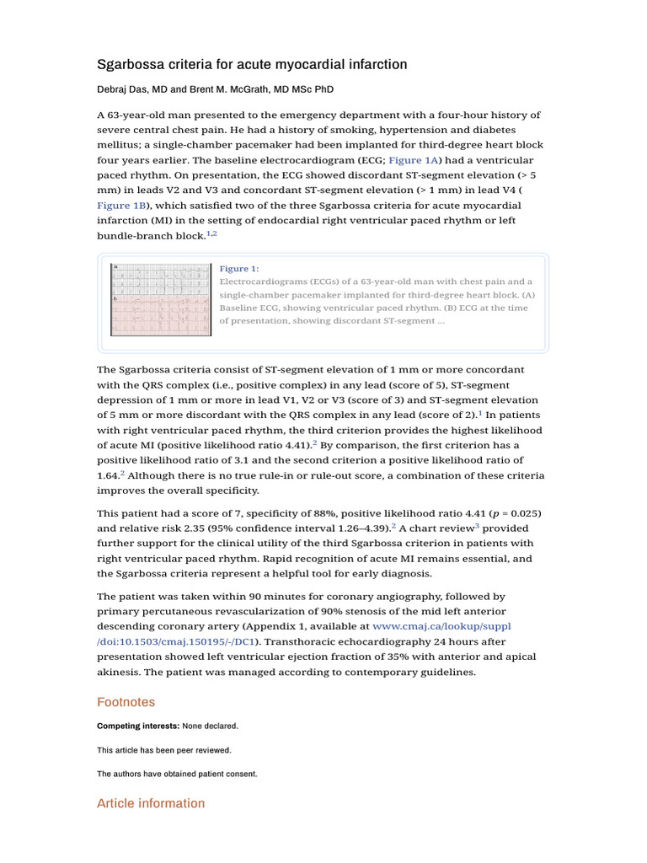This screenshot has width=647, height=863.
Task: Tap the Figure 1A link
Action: [x=414, y=160]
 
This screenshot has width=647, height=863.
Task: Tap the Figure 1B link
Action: [x=122, y=206]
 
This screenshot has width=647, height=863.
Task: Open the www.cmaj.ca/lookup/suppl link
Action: [x=441, y=627]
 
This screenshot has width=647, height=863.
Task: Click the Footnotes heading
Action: [x=126, y=702]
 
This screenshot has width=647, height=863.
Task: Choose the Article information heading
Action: [x=151, y=803]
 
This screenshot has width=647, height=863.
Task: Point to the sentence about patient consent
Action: [x=177, y=774]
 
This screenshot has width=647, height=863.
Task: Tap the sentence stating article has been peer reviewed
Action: [x=163, y=750]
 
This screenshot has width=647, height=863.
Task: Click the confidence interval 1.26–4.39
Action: [x=357, y=528]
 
